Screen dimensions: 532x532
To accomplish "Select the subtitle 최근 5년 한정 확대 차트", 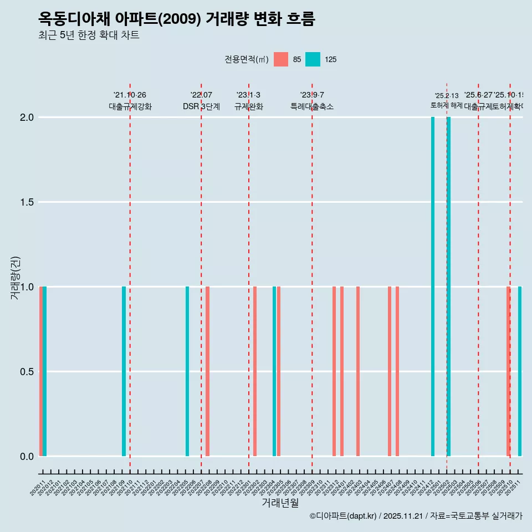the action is (x=89, y=35).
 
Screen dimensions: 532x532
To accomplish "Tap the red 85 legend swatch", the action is (x=281, y=59).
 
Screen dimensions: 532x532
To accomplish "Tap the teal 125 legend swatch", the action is (x=313, y=59).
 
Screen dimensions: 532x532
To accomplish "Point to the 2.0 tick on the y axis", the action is (x=28, y=117).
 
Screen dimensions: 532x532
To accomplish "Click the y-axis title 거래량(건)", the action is (x=16, y=278).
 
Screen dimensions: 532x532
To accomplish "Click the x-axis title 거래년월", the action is (x=280, y=503).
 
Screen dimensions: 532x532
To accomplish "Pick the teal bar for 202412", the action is (x=433, y=287).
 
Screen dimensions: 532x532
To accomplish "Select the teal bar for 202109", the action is (x=124, y=371).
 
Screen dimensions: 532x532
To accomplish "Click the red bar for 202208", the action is (x=207, y=371).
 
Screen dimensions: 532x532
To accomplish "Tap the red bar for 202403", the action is (x=358, y=371).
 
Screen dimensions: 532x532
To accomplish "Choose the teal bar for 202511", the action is (x=520, y=371).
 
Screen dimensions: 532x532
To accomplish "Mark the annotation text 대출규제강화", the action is (x=130, y=107).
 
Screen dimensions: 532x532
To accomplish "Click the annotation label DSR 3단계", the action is (x=201, y=107).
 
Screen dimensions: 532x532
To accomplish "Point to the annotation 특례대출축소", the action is (x=312, y=107).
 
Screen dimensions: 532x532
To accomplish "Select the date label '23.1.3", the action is (x=248, y=95).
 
